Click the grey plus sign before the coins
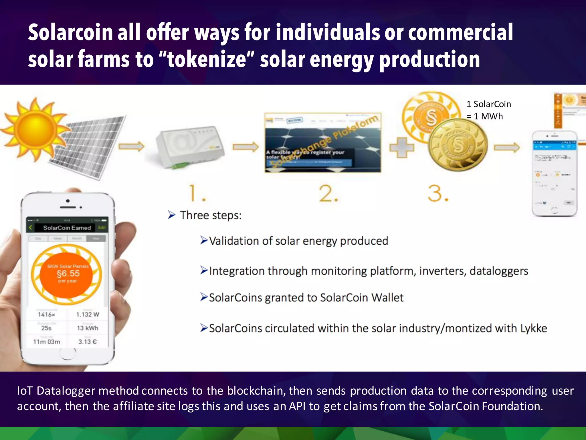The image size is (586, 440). (402, 148)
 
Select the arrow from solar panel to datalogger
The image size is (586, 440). (132, 146)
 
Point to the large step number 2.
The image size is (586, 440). (328, 194)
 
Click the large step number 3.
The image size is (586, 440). (438, 194)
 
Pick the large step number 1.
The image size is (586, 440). (197, 194)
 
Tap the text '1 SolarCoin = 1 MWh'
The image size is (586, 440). (488, 110)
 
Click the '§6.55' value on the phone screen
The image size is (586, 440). (68, 274)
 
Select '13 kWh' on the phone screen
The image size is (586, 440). (88, 328)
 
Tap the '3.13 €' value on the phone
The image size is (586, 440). (88, 342)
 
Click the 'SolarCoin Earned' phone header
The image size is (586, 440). (67, 228)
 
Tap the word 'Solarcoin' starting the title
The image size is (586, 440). (70, 32)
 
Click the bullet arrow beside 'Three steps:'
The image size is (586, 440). (171, 215)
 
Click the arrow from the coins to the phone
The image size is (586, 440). (507, 147)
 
